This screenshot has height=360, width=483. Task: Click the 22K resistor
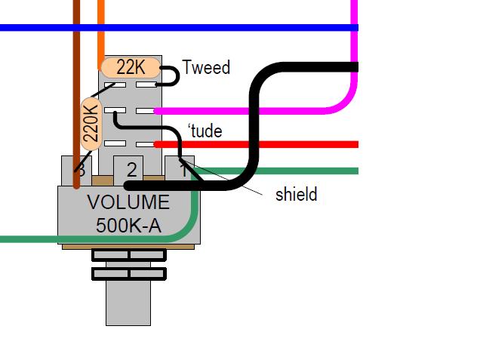(x=130, y=68)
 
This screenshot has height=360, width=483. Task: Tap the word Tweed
(x=206, y=68)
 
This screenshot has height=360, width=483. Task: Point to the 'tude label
(x=205, y=131)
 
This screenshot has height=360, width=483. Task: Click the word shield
(x=296, y=195)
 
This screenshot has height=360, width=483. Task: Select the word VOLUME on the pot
(x=128, y=203)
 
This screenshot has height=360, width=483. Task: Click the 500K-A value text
(x=128, y=225)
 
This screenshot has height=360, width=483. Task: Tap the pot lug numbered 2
(x=131, y=168)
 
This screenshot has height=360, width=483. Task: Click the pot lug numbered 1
(x=181, y=165)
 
